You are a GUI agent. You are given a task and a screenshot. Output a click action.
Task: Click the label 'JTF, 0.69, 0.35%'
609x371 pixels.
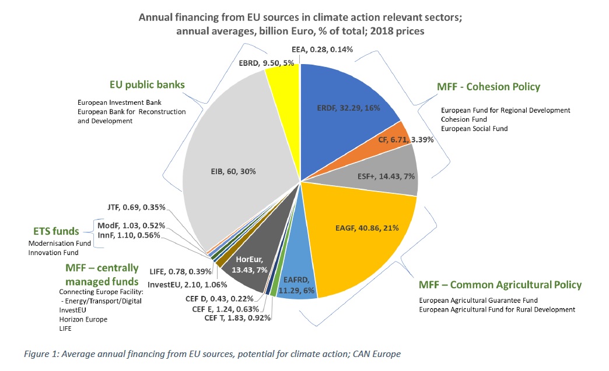[136, 206]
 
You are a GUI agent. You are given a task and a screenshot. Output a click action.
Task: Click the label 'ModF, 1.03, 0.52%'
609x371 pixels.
[131, 225]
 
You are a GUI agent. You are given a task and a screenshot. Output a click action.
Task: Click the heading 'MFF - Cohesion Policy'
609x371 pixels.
[488, 87]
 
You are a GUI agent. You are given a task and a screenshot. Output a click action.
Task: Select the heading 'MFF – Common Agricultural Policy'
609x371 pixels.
[500, 285]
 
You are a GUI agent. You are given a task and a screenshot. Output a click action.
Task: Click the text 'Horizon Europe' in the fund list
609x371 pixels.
[83, 319]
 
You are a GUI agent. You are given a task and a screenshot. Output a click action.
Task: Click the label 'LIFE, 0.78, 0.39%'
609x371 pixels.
[174, 272]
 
